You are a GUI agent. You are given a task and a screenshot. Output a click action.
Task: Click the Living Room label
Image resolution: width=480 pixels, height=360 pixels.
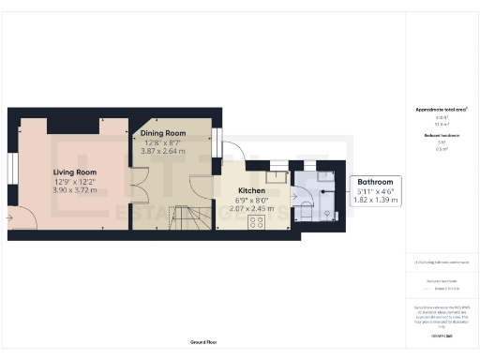[x=74, y=172]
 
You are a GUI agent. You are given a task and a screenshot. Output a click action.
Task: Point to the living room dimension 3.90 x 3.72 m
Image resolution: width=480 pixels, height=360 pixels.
[x=73, y=191]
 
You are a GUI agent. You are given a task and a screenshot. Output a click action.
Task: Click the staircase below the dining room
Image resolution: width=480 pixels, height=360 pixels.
[x=190, y=220]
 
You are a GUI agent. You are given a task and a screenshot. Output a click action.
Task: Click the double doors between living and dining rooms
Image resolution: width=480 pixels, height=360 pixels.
[x=138, y=184]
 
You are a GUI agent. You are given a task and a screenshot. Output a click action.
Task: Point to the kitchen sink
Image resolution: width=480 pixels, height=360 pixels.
[x=277, y=175]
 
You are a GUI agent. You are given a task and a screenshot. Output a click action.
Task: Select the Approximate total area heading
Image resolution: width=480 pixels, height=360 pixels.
[x=442, y=110]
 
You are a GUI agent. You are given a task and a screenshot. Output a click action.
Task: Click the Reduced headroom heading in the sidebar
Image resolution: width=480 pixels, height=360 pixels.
[x=442, y=136]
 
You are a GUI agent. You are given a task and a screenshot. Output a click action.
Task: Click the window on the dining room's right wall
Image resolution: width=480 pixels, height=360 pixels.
[x=217, y=142]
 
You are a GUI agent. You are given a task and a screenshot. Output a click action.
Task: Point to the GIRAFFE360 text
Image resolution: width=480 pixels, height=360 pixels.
[x=442, y=335]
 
